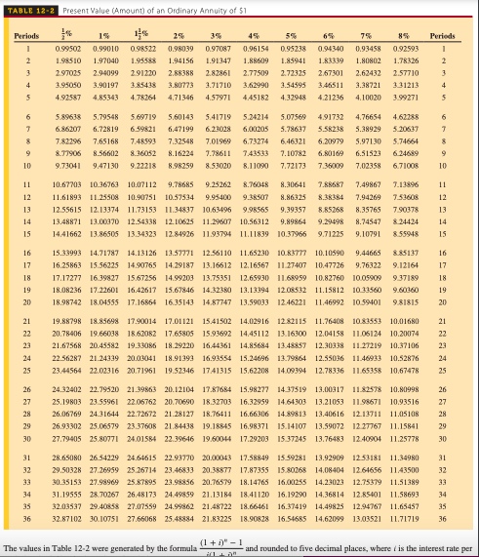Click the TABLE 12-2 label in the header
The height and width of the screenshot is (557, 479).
(x=27, y=8)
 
